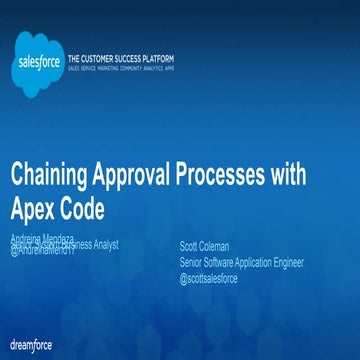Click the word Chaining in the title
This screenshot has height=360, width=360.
50,176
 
